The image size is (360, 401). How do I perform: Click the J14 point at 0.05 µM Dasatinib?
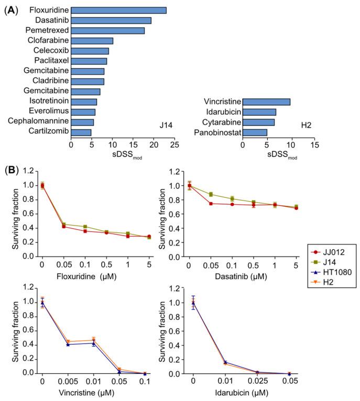(210, 194)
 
